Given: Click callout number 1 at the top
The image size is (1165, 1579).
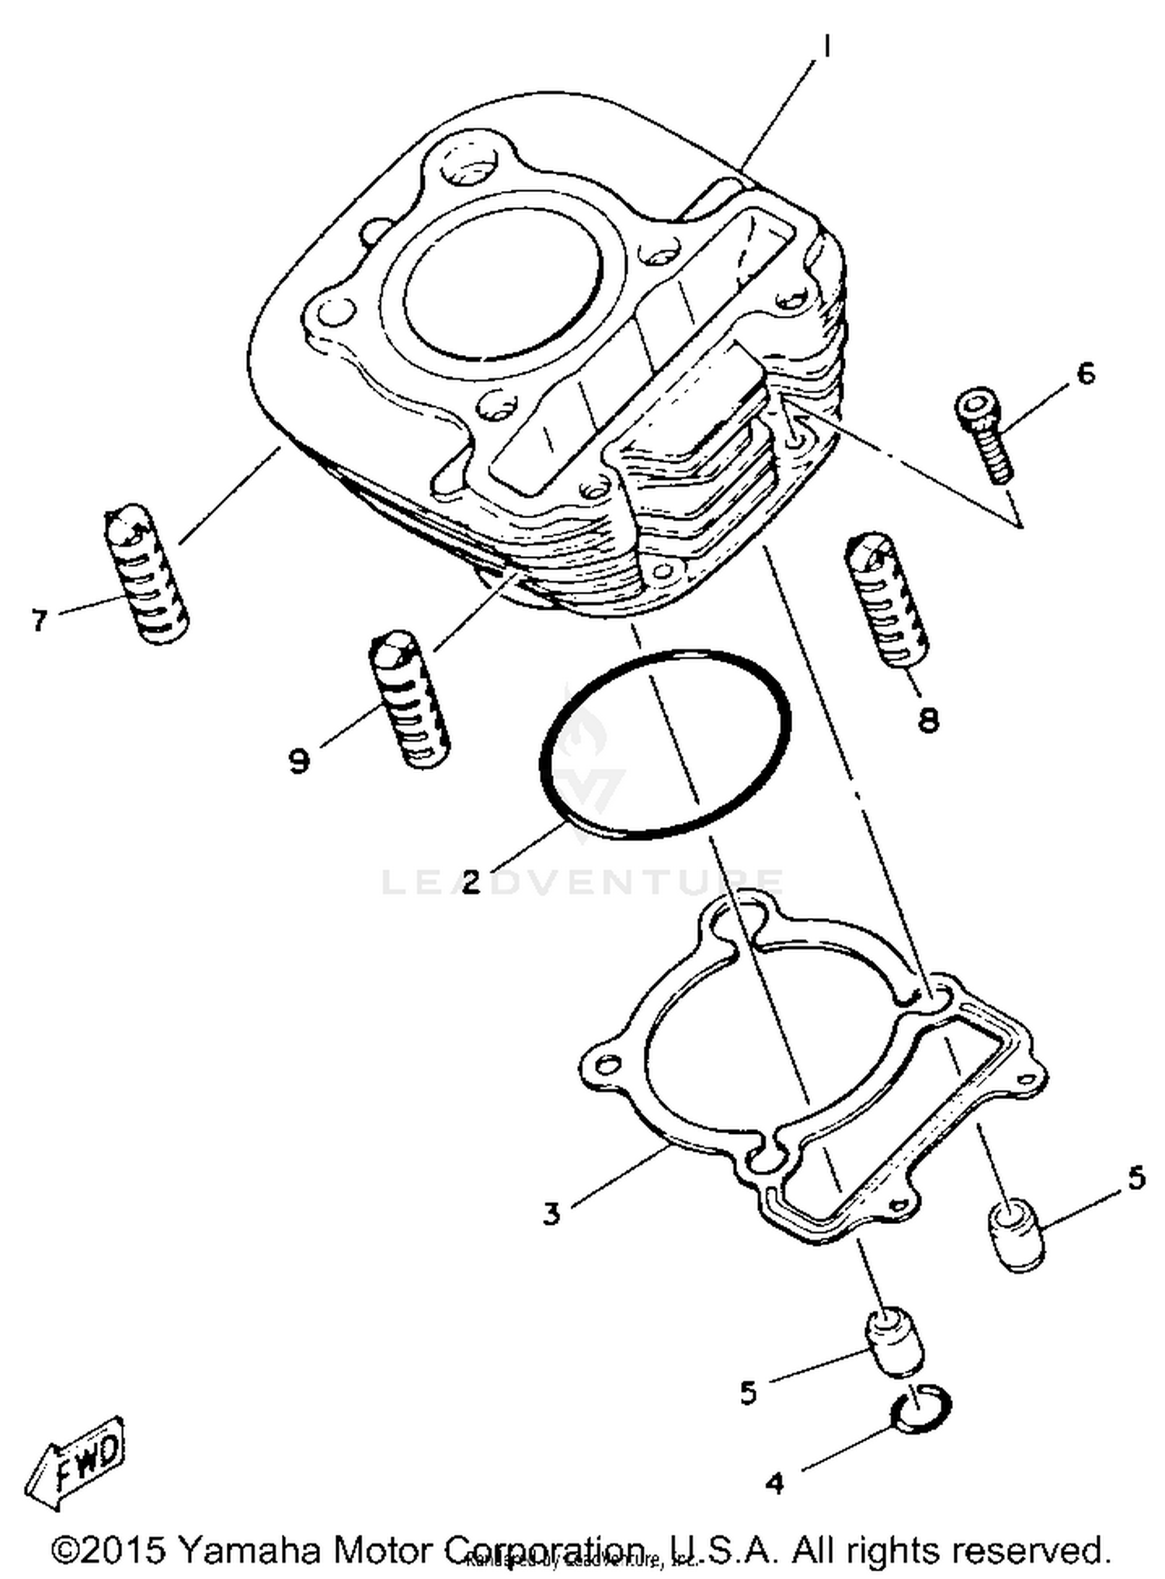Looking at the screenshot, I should click(x=826, y=48).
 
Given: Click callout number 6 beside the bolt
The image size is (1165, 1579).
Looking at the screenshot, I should click(x=1086, y=374).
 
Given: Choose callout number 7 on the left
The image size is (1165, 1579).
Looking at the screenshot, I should click(x=40, y=620).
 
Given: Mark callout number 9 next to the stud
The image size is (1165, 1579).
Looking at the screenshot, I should click(x=300, y=760).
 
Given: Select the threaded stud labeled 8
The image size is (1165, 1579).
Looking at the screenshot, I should click(x=886, y=600).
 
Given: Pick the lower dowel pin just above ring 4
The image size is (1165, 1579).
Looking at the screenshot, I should click(x=894, y=1341).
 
